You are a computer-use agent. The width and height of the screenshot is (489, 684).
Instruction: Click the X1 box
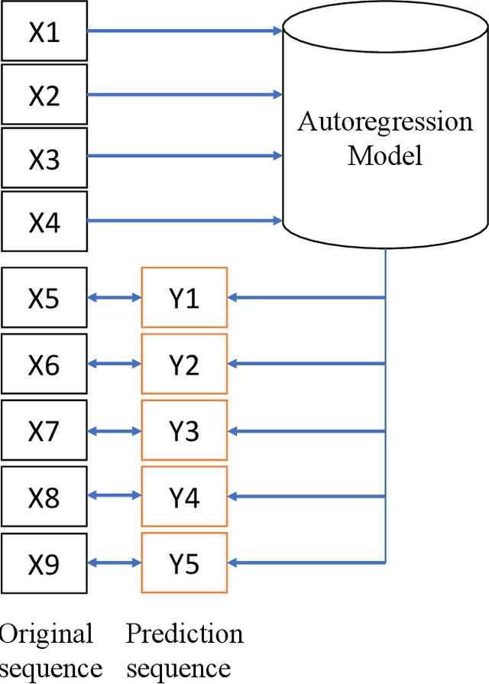click(x=44, y=32)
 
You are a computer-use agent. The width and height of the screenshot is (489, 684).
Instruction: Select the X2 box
click(x=44, y=96)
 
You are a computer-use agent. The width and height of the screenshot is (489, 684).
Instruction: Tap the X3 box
click(x=44, y=159)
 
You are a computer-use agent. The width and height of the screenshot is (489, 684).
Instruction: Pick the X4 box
click(x=44, y=222)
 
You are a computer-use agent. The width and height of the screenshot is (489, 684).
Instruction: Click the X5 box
click(x=44, y=298)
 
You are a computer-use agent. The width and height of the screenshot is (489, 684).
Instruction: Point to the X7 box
click(x=44, y=432)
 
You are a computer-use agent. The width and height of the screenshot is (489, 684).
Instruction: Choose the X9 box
click(x=44, y=564)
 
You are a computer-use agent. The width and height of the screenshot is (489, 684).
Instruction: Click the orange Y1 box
click(x=184, y=298)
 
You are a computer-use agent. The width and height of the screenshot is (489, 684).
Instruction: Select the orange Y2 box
click(x=184, y=365)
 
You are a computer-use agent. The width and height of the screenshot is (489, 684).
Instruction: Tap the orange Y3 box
click(x=184, y=432)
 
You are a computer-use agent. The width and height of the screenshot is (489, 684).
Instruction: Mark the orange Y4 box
click(x=184, y=498)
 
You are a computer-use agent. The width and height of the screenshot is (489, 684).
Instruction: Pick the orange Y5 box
click(x=184, y=564)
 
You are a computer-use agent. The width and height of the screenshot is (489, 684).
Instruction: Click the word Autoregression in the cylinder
click(x=385, y=123)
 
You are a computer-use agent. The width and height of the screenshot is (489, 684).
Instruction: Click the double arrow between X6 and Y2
click(x=115, y=365)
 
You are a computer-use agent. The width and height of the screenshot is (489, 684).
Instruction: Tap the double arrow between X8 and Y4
click(x=115, y=498)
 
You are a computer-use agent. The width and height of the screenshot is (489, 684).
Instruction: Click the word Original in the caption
click(x=47, y=634)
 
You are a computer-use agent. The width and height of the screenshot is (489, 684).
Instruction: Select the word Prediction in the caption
click(x=184, y=634)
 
